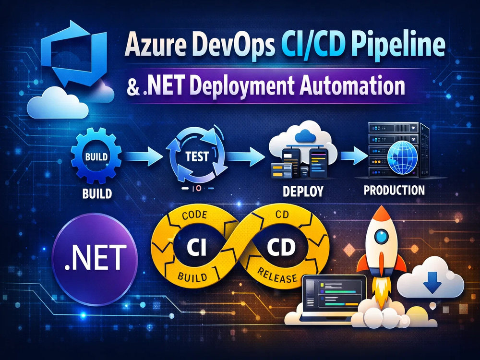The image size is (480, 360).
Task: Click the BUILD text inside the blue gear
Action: click(x=96, y=157)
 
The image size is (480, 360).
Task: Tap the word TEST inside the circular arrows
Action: click(x=197, y=156)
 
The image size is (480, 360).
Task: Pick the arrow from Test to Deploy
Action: click(x=245, y=156)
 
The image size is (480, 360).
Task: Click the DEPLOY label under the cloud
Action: click(x=303, y=191)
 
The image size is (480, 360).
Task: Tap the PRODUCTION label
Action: click(x=394, y=190)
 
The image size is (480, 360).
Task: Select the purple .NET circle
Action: click(x=95, y=259)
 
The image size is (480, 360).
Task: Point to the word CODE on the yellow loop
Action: click(x=194, y=216)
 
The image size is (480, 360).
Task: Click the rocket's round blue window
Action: click(x=381, y=236)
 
